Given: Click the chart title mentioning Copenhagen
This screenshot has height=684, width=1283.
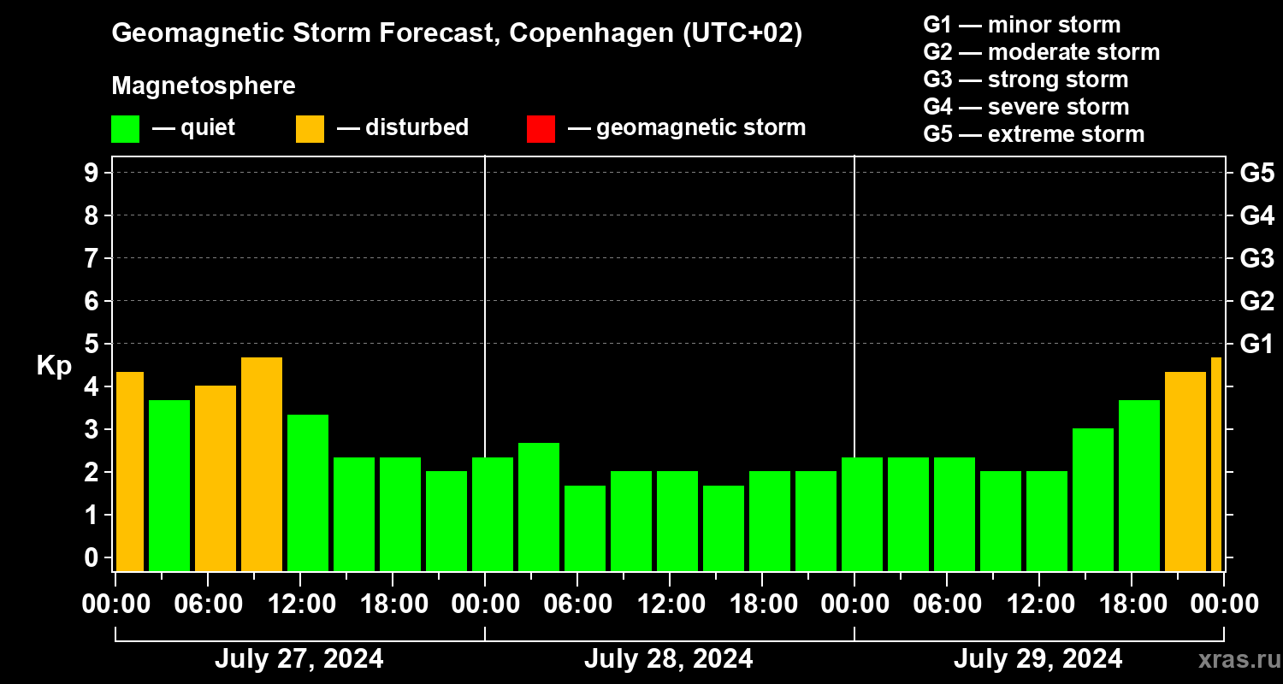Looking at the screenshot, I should click(x=457, y=34).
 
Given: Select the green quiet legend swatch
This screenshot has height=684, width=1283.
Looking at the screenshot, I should click(x=125, y=129).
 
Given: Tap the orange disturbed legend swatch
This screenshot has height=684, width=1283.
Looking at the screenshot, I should click(x=310, y=129).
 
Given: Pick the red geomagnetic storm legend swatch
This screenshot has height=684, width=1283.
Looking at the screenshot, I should click(x=541, y=129).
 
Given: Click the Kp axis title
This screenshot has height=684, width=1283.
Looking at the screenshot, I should click(x=53, y=366).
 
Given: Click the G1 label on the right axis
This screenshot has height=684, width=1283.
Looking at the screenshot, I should click(x=1256, y=345).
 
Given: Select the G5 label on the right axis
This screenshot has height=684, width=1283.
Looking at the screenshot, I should click(x=1256, y=174).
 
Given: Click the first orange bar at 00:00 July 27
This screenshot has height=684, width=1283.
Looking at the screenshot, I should click(x=129, y=470).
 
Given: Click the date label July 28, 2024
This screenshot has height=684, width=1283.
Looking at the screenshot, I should click(x=668, y=659).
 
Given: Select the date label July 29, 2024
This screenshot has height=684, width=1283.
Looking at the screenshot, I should click(x=1038, y=659).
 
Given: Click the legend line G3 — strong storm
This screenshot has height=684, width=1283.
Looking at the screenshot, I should click(x=1026, y=80).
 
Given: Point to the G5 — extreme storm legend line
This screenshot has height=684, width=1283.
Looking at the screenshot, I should click(x=1033, y=134).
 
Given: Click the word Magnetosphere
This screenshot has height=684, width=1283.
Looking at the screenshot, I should click(x=204, y=86).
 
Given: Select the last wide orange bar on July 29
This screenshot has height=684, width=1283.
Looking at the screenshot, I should click(x=1185, y=470).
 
